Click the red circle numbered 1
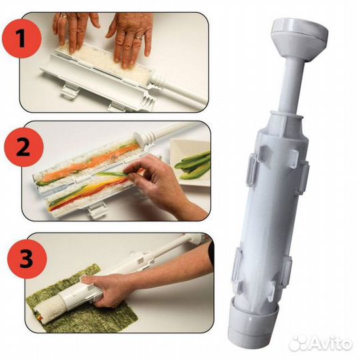(22, 39)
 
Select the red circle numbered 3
(27, 259)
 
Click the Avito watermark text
(331, 343)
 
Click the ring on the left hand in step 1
(63, 16)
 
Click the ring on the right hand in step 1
(139, 37)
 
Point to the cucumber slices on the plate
(193, 164)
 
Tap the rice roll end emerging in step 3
(51, 307)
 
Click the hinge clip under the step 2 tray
(97, 210)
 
